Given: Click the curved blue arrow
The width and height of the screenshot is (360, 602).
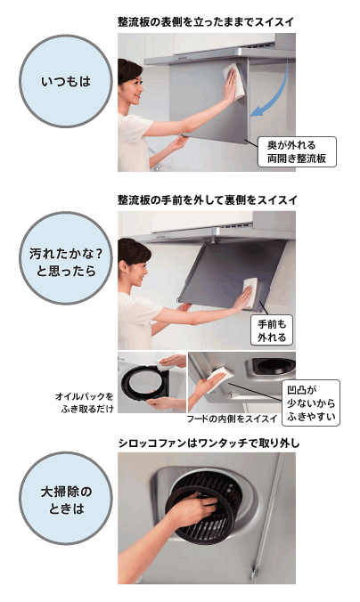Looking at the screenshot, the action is pyautogui.click(x=277, y=96).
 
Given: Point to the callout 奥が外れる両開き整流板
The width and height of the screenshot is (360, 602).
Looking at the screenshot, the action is pyautogui.click(x=297, y=151).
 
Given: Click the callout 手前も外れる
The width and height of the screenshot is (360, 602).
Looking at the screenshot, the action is pyautogui.click(x=272, y=330).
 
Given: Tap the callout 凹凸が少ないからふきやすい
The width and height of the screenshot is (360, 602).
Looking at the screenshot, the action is pyautogui.click(x=311, y=403).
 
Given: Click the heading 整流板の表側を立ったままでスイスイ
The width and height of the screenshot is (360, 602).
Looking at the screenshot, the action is pyautogui.click(x=207, y=22).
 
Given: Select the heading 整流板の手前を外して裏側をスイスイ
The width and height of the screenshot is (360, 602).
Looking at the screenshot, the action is pyautogui.click(x=208, y=199).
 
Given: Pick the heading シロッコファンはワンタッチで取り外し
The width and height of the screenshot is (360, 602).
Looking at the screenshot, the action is pyautogui.click(x=209, y=443).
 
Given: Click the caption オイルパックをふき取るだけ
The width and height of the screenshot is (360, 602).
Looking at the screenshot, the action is pyautogui.click(x=85, y=403).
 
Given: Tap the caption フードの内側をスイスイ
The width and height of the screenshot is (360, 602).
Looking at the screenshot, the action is pyautogui.click(x=232, y=419).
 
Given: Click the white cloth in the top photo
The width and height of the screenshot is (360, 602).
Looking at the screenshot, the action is pyautogui.click(x=235, y=81).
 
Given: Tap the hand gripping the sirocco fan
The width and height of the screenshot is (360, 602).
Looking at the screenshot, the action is pyautogui.click(x=193, y=507).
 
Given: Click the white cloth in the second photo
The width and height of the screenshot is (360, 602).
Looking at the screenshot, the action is pyautogui.click(x=250, y=293).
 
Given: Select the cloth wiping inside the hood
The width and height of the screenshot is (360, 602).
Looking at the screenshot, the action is pyautogui.click(x=220, y=378).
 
